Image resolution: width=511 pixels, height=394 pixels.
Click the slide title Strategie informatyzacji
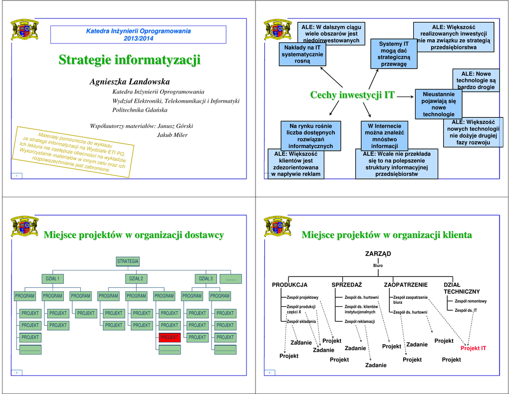pyautogui.click(x=129, y=60)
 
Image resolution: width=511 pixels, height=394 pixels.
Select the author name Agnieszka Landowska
pyautogui.click(x=130, y=81)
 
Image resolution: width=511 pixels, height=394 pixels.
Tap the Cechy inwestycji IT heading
pyautogui.click(x=352, y=95)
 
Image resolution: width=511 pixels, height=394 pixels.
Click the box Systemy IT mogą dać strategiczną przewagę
pyautogui.click(x=394, y=54)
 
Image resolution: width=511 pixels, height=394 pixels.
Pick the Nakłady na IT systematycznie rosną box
pyautogui.click(x=302, y=54)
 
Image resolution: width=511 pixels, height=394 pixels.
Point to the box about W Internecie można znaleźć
pyautogui.click(x=384, y=136)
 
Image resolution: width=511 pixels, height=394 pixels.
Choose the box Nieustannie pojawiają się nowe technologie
pyautogui.click(x=439, y=104)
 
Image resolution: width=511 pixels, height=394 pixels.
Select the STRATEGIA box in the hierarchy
pyautogui.click(x=128, y=261)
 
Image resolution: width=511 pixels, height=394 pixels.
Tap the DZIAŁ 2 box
pyautogui.click(x=136, y=278)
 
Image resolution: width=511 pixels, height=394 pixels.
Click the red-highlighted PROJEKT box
pyautogui.click(x=169, y=337)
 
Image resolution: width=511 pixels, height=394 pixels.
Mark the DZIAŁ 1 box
pyautogui.click(x=52, y=278)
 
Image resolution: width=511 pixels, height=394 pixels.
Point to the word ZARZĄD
pyautogui.click(x=378, y=254)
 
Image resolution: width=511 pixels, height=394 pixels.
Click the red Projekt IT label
pyautogui.click(x=473, y=348)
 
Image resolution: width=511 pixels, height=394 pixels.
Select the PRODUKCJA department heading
pyautogui.click(x=289, y=285)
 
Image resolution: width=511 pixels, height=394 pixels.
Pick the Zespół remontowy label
pyautogui.click(x=470, y=301)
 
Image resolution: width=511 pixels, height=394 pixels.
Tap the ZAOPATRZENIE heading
pyautogui.click(x=406, y=285)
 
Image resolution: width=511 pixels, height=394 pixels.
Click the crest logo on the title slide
pyautogui.click(x=24, y=30)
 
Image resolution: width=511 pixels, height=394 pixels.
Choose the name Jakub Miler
pyautogui.click(x=172, y=135)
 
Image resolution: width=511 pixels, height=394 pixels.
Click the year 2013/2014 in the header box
pyautogui.click(x=138, y=38)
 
